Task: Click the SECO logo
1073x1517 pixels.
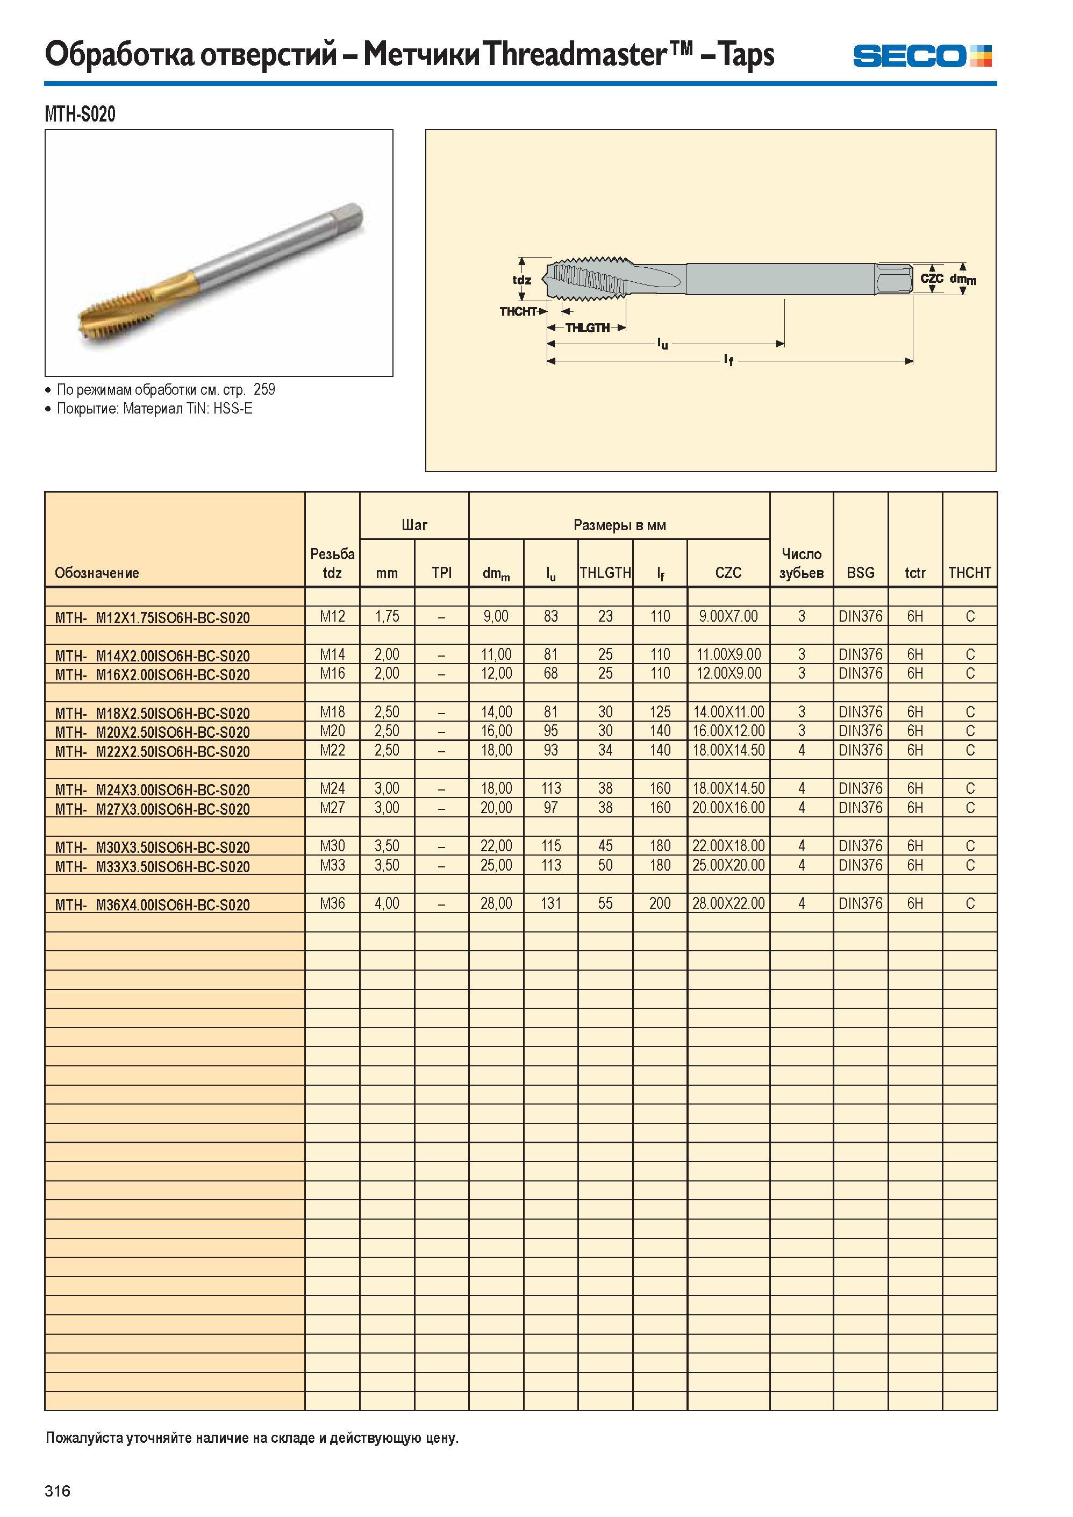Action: (922, 55)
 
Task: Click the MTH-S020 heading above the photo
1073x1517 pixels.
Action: (80, 115)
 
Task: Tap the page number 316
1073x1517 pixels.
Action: (58, 1491)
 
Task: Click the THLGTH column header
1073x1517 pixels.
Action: (605, 572)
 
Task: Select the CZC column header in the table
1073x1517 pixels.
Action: (728, 572)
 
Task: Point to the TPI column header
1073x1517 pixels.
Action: (441, 572)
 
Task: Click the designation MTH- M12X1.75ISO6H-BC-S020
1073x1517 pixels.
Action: (153, 618)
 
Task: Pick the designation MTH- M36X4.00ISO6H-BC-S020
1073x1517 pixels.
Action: (153, 905)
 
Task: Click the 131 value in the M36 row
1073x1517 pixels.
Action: (550, 903)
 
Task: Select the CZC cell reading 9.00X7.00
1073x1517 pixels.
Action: (728, 617)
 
